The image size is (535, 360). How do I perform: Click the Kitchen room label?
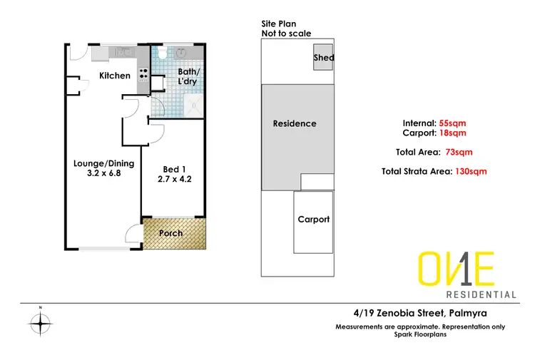pos(115,76)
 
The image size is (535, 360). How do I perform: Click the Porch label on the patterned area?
pos(171,233)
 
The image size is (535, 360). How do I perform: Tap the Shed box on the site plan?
pos(323,58)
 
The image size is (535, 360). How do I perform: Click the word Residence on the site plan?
pos(295,123)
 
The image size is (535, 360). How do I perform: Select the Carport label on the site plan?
pos(313,220)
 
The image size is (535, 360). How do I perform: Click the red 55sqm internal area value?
pos(452,123)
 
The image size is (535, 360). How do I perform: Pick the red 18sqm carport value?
pos(452,133)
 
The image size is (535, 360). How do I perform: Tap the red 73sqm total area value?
pos(459,152)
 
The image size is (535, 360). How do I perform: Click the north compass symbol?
pos(41,324)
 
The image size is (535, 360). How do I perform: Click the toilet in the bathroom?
pos(163,53)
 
